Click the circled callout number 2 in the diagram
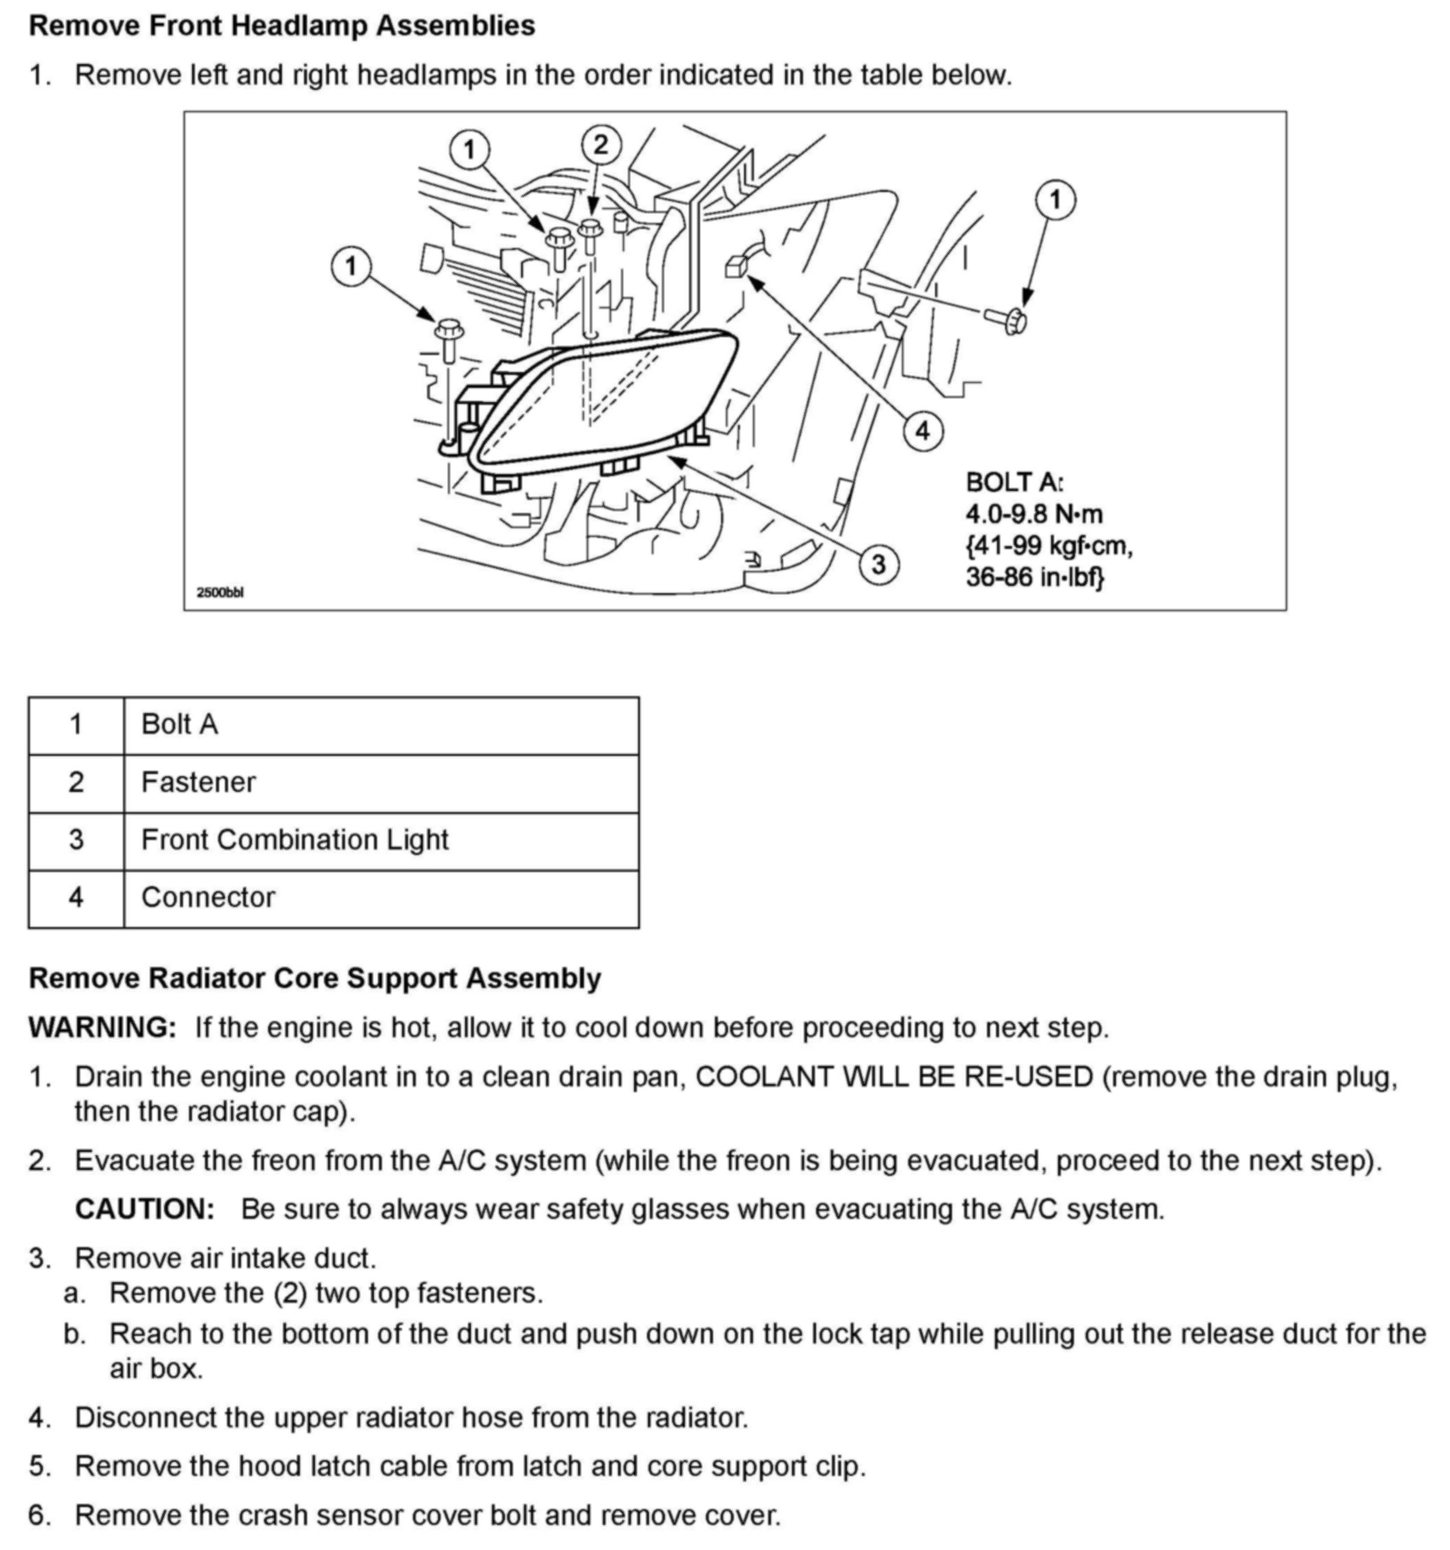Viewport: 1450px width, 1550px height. point(600,146)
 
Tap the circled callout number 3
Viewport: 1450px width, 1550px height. point(878,563)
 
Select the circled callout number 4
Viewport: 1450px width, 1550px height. point(922,430)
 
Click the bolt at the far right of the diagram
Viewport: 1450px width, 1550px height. point(1009,319)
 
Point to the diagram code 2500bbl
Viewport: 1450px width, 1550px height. point(220,592)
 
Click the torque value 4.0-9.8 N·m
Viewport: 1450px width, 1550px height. point(1034,515)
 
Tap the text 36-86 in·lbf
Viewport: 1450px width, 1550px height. point(1034,578)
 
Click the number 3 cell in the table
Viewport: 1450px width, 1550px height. point(76,840)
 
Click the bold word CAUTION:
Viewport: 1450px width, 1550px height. point(145,1209)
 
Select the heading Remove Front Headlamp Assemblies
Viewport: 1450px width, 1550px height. point(281,26)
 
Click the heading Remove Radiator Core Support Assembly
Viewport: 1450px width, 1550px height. point(314,978)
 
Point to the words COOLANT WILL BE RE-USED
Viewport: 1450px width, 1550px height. point(894,1077)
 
